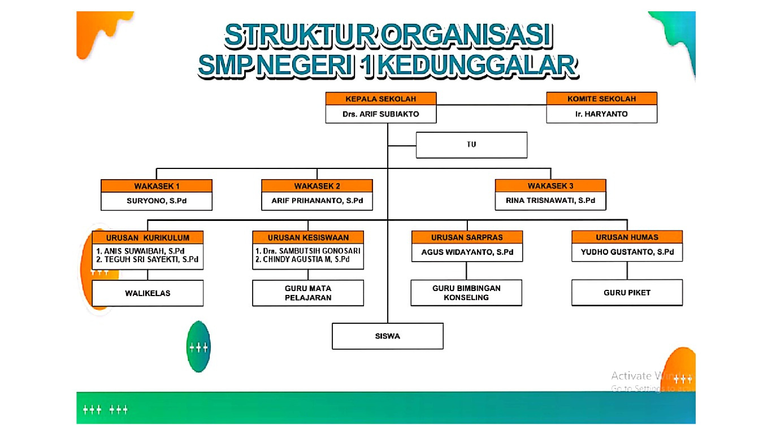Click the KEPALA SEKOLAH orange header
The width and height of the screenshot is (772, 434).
pyautogui.click(x=381, y=99)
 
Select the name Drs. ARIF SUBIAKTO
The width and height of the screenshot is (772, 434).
pyautogui.click(x=381, y=114)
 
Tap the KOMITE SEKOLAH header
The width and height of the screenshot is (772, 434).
pyautogui.click(x=601, y=99)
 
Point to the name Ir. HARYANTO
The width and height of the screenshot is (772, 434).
pyautogui.click(x=601, y=114)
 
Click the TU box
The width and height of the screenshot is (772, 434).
pyautogui.click(x=471, y=145)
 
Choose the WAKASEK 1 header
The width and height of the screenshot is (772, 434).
pyautogui.click(x=157, y=186)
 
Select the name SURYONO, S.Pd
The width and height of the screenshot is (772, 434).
pyautogui.click(x=157, y=201)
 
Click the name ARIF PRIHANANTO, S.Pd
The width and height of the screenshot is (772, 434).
pyautogui.click(x=317, y=201)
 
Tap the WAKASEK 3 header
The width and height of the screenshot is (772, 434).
pyautogui.click(x=550, y=186)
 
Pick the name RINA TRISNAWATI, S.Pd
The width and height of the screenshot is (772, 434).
pyautogui.click(x=550, y=201)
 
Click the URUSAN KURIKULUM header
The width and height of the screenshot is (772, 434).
pyautogui.click(x=148, y=237)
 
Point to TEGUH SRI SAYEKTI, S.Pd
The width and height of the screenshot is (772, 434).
pyautogui.click(x=148, y=259)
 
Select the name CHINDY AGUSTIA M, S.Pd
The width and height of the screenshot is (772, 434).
pyautogui.click(x=307, y=259)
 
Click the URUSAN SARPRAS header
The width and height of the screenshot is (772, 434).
pyautogui.click(x=467, y=237)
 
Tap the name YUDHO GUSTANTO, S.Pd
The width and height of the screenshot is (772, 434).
pyautogui.click(x=627, y=252)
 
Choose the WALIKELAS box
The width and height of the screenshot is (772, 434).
pyautogui.click(x=148, y=293)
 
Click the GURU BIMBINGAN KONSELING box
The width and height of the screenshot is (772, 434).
pyautogui.click(x=466, y=293)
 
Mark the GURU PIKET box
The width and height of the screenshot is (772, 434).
pyautogui.click(x=627, y=293)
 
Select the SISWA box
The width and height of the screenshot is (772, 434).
pyautogui.click(x=387, y=336)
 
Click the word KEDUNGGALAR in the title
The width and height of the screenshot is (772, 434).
pyautogui.click(x=478, y=66)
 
